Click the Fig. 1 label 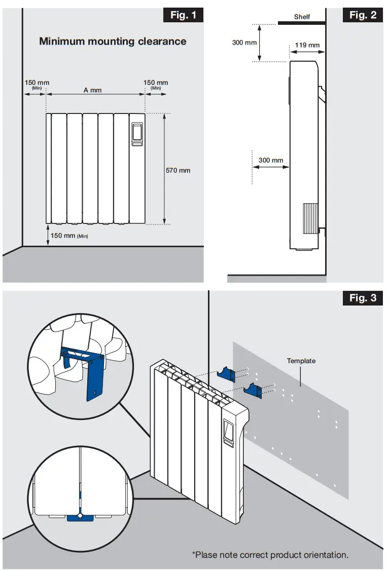click(x=183, y=15)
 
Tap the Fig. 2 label click(x=363, y=15)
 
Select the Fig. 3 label click(x=363, y=297)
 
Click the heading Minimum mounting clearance click(x=113, y=42)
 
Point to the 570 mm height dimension click(x=178, y=170)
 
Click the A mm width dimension click(x=93, y=90)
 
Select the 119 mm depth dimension click(x=307, y=45)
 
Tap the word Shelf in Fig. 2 click(x=302, y=17)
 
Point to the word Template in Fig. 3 click(x=301, y=361)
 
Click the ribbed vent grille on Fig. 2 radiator click(x=310, y=218)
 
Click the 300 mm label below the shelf click(x=244, y=43)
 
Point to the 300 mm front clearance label click(x=271, y=160)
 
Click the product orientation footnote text click(x=270, y=555)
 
